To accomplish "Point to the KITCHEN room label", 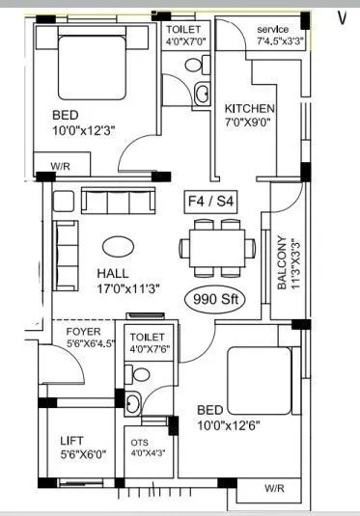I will coord(249,109).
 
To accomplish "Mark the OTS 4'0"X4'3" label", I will coord(146,448).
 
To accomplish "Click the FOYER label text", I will coord(83,332).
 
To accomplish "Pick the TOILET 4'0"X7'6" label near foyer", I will coord(148,343).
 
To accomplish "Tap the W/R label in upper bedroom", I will coord(60,166).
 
